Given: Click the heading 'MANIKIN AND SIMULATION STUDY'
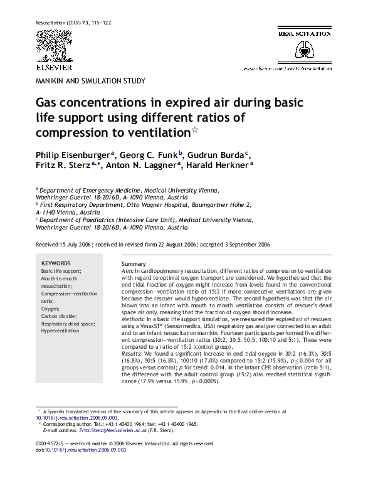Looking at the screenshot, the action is (x=91, y=81).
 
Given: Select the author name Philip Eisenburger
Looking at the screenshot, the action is (x=73, y=154).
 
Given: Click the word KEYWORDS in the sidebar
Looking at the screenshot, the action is (x=56, y=263).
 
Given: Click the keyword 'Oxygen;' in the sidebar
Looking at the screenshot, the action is (x=51, y=309).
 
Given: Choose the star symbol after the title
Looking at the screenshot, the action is (x=194, y=130).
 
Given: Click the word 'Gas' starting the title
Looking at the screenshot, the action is (x=49, y=103).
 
